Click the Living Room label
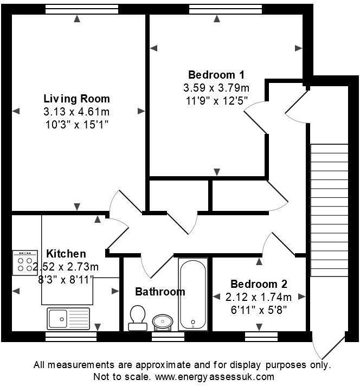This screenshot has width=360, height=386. [76, 99]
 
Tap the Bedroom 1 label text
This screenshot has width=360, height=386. [216, 75]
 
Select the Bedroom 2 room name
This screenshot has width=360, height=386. [259, 284]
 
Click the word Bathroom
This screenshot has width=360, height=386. [160, 292]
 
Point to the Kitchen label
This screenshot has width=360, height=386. [66, 254]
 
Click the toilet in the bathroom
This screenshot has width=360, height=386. [137, 317]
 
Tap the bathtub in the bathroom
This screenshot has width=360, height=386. [192, 293]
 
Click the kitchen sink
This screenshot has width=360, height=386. [68, 318]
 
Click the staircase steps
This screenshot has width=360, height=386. [329, 209]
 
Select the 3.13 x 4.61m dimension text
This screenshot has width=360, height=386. [76, 112]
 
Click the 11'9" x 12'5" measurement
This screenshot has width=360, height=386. [216, 100]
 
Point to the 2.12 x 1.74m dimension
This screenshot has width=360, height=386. [259, 297]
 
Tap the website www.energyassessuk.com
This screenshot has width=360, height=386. [215, 377]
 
